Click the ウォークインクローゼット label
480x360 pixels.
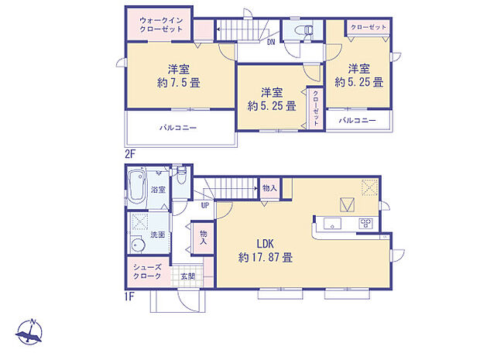pyautogui.click(x=162, y=22)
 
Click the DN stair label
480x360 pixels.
pyautogui.click(x=271, y=43)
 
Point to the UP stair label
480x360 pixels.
pyautogui.click(x=205, y=206)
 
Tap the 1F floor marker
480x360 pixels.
pyautogui.click(x=129, y=295)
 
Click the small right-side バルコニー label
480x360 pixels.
pyautogui.click(x=358, y=121)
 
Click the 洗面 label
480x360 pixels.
pyautogui.click(x=157, y=234)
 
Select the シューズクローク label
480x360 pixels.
pyautogui.click(x=148, y=272)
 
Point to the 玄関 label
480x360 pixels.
pyautogui.click(x=188, y=276)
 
